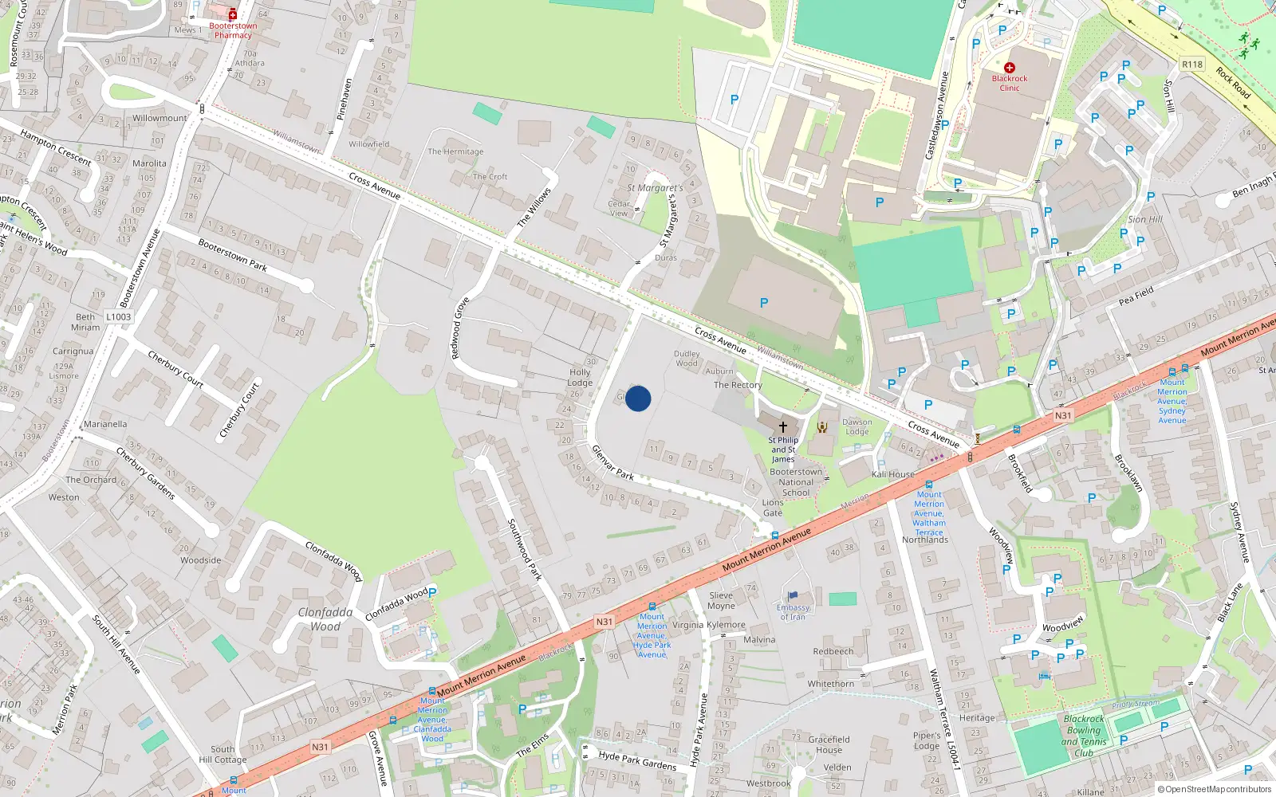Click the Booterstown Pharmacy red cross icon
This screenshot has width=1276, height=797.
233,14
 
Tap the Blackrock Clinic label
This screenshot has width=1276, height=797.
1010,83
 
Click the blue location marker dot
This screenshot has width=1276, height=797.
638,398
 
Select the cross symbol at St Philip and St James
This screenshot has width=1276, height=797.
783,427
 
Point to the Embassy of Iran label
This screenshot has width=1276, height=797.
793,612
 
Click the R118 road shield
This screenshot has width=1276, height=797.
1192,65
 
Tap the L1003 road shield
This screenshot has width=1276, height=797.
118,317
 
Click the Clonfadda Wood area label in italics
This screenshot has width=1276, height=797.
325,619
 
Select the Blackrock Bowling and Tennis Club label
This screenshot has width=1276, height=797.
1084,736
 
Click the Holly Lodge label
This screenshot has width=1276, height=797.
580,377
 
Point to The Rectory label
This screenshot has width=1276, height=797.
738,385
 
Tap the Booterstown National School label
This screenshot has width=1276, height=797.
796,482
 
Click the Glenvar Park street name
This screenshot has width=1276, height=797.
612,462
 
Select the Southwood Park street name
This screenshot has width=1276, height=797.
525,549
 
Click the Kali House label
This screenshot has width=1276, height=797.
893,474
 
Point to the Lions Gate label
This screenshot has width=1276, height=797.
773,508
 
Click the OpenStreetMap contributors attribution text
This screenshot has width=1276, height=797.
1218,790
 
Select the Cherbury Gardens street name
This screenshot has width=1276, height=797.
145,473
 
